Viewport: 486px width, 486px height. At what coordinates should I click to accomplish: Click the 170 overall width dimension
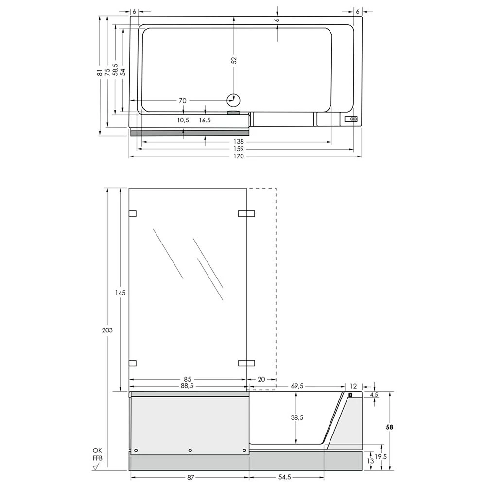pyautogui.click(x=238, y=156)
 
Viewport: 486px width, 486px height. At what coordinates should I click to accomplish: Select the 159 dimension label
pyautogui.click(x=238, y=149)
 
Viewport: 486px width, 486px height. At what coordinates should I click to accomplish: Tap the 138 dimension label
pyautogui.click(x=238, y=141)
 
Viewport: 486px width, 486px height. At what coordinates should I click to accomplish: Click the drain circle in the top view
pyautogui.click(x=234, y=100)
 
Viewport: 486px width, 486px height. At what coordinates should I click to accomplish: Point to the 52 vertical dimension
pyautogui.click(x=234, y=60)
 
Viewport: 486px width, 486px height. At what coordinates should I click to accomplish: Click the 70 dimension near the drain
pyautogui.click(x=182, y=101)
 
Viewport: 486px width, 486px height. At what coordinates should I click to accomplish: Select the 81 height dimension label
pyautogui.click(x=100, y=72)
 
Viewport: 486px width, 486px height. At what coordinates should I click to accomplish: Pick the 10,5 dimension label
pyautogui.click(x=183, y=120)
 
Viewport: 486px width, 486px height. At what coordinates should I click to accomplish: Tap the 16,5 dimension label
pyautogui.click(x=205, y=120)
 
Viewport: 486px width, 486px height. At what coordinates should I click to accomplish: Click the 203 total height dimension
pyautogui.click(x=107, y=330)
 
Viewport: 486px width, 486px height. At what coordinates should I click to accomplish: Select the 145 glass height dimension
pyautogui.click(x=121, y=293)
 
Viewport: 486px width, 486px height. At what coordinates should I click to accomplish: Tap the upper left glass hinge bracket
pyautogui.click(x=132, y=213)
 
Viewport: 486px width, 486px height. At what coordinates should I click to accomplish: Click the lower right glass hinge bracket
pyautogui.click(x=246, y=363)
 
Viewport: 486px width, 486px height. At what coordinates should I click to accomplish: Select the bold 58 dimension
pyautogui.click(x=389, y=427)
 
